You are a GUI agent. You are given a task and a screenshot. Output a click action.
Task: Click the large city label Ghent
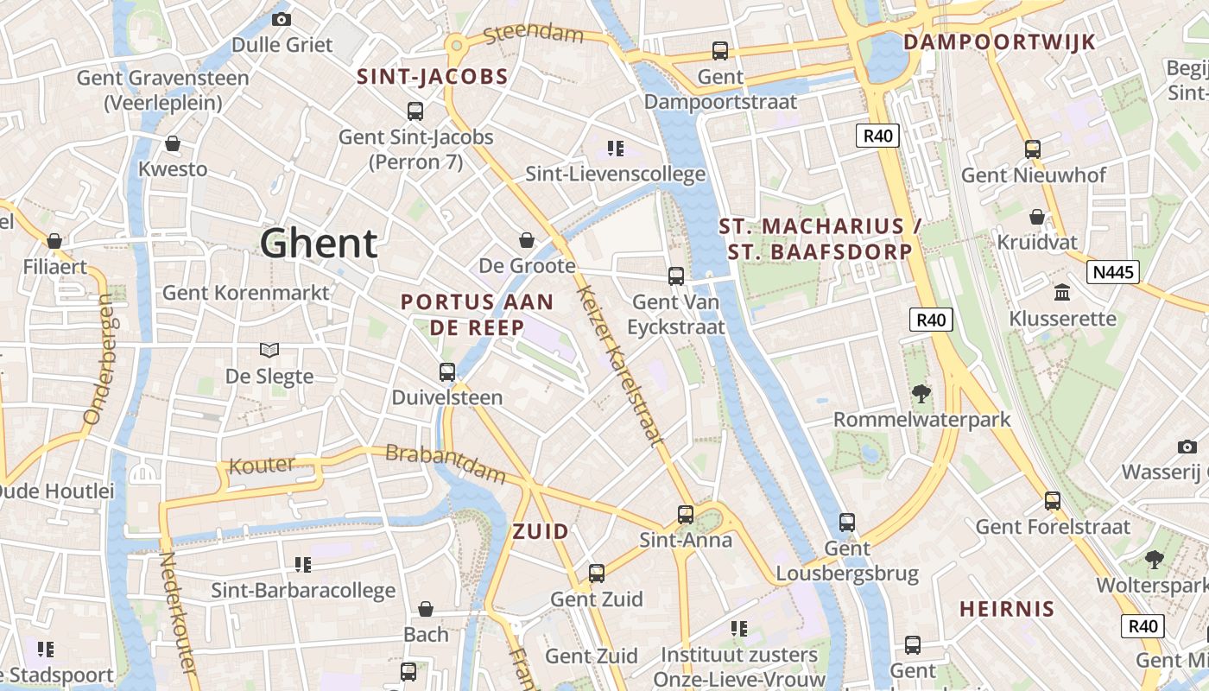click(319, 244)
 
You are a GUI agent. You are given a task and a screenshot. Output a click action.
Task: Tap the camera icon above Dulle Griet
click(282, 19)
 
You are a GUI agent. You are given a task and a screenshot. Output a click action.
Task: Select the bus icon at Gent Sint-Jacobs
click(415, 111)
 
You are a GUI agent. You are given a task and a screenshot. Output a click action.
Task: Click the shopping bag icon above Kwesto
click(173, 143)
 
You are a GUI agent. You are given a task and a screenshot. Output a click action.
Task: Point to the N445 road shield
click(1115, 273)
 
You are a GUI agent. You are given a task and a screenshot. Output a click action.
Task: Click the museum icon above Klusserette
click(1062, 293)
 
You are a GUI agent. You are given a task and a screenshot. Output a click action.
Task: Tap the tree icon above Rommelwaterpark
click(921, 394)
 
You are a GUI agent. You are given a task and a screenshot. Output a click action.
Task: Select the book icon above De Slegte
click(269, 350)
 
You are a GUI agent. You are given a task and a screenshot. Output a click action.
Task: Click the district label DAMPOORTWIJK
click(998, 41)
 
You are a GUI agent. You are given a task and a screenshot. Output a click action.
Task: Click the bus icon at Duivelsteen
click(447, 372)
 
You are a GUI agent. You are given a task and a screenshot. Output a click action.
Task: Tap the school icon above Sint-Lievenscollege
click(615, 149)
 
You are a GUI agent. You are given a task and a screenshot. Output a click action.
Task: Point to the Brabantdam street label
click(446, 463)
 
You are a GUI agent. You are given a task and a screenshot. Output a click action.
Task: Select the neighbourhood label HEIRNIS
click(1007, 608)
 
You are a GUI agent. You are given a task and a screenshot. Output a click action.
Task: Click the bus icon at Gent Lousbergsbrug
click(847, 523)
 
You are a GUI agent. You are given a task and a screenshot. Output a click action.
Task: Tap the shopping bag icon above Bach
click(426, 609)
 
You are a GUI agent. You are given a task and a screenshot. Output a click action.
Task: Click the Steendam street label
click(534, 35)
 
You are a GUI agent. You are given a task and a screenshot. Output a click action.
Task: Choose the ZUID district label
click(541, 531)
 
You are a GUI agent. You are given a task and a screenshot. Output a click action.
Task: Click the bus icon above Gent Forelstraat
click(1053, 500)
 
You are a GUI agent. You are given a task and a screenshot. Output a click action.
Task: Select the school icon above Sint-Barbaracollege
click(303, 565)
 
